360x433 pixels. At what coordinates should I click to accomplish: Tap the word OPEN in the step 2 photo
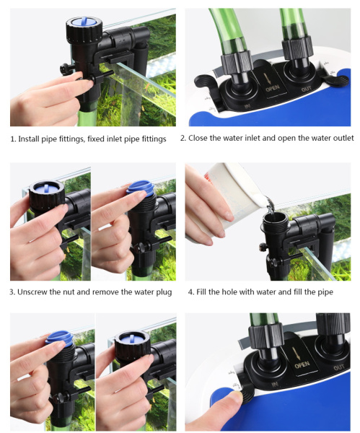(273, 89)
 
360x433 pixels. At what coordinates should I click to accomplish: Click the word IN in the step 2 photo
(247, 106)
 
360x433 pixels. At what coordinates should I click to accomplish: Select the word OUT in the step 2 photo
(307, 89)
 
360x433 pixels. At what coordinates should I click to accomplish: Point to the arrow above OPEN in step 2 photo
(268, 79)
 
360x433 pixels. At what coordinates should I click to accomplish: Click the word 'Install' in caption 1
(29, 139)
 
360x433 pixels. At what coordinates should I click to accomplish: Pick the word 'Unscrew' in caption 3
(32, 292)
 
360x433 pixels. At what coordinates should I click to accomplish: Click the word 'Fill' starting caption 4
(201, 292)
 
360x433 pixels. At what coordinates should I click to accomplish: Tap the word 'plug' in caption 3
(164, 292)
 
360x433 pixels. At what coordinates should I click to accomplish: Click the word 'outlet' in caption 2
(343, 138)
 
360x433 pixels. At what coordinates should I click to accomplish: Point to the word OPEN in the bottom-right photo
(302, 365)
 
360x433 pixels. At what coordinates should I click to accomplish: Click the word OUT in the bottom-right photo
(339, 367)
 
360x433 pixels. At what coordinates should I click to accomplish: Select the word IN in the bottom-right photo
(275, 384)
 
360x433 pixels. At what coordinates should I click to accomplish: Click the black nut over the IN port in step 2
(237, 63)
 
